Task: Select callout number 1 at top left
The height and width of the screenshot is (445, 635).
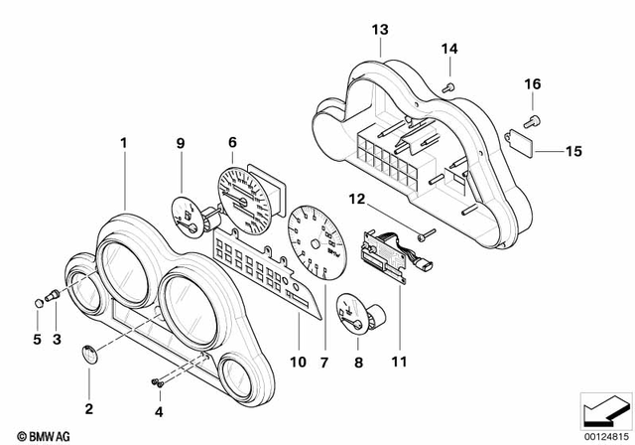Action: click(x=124, y=143)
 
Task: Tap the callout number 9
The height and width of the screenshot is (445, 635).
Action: click(x=181, y=143)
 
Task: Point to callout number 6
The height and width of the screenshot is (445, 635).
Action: click(x=232, y=143)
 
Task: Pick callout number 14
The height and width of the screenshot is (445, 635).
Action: click(x=448, y=49)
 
